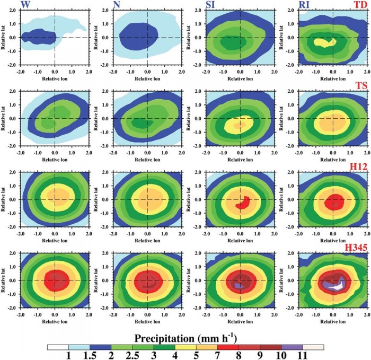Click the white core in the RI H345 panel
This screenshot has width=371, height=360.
pyautogui.click(x=334, y=285)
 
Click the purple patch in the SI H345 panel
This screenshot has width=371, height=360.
pyautogui.click(x=238, y=285)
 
